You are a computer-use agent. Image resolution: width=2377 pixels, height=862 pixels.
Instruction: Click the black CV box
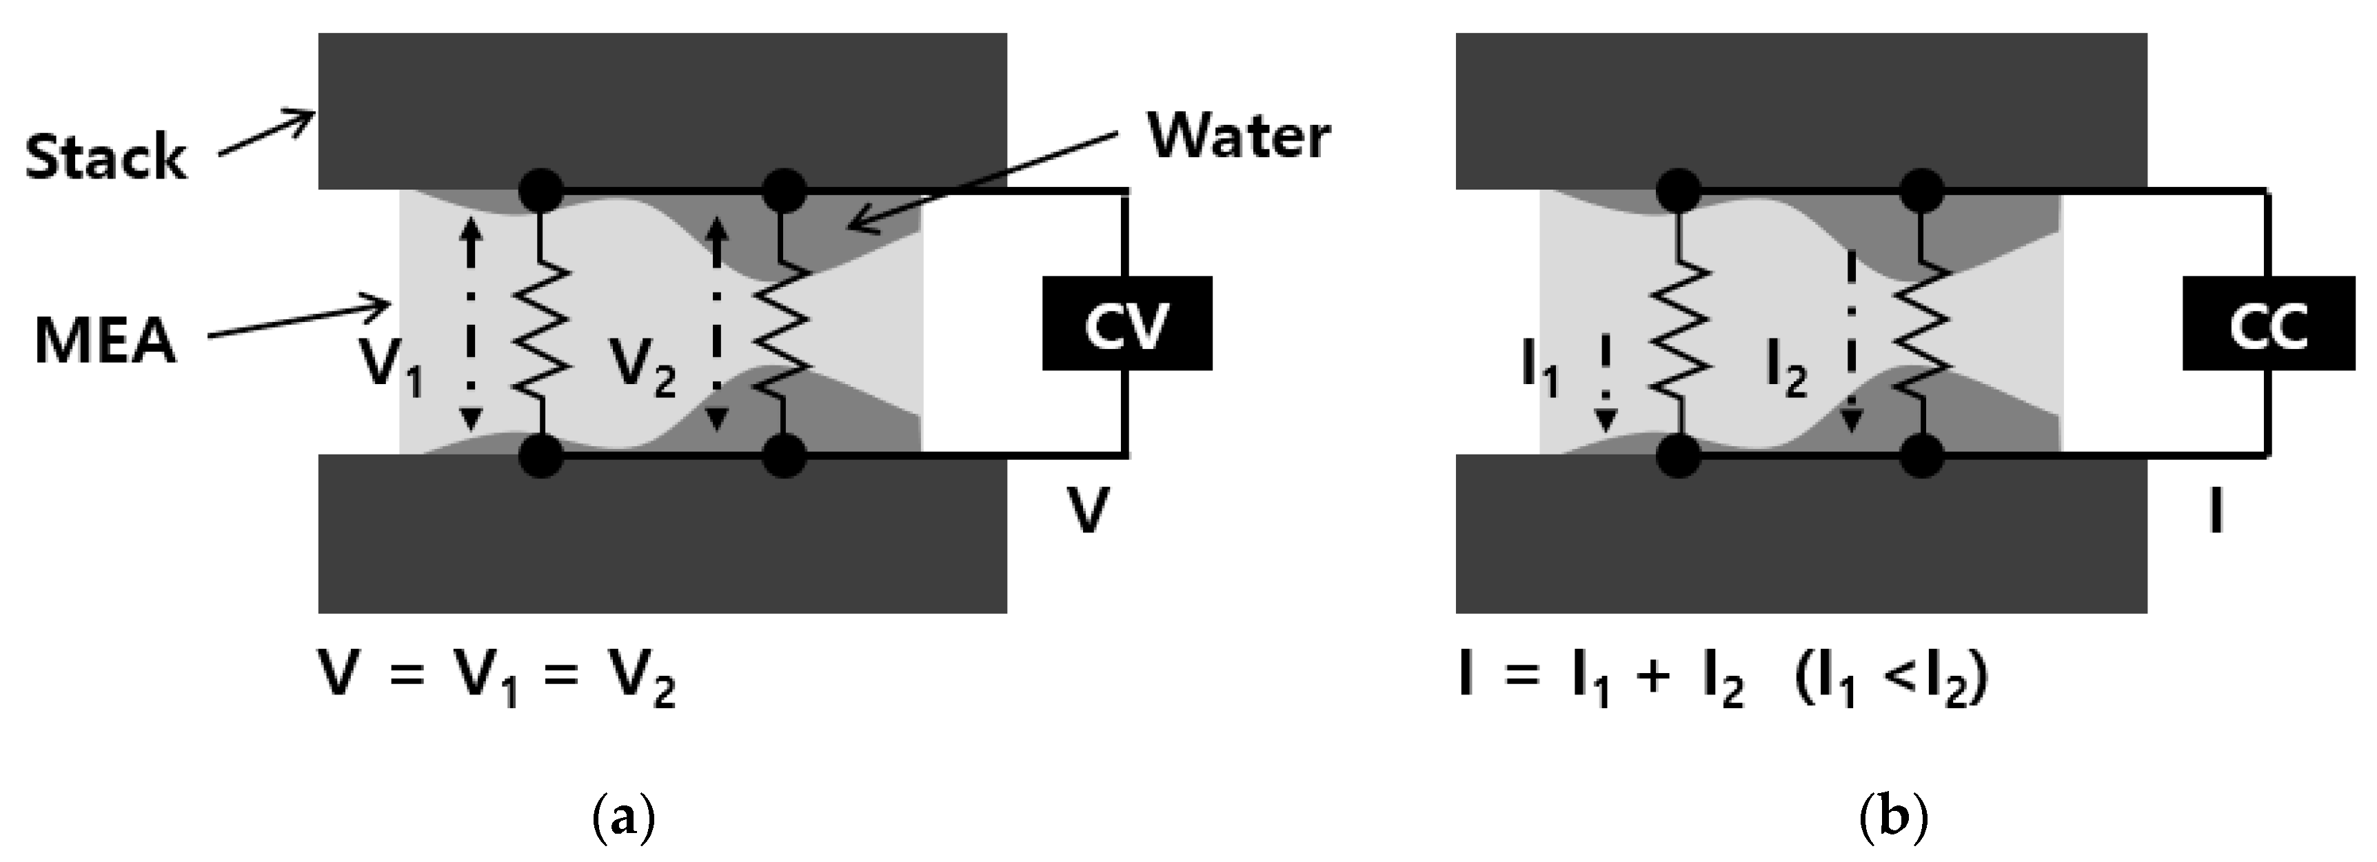click(x=1126, y=324)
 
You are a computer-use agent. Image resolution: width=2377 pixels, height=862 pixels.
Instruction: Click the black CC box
click(x=2267, y=324)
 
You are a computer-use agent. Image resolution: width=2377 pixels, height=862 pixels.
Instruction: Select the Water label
click(x=1237, y=137)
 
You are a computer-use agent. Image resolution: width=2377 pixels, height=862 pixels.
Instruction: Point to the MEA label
click(x=104, y=341)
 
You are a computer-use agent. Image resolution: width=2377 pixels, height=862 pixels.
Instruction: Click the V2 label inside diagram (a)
click(x=643, y=365)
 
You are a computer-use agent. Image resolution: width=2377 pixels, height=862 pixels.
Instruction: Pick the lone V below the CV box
click(x=1088, y=510)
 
